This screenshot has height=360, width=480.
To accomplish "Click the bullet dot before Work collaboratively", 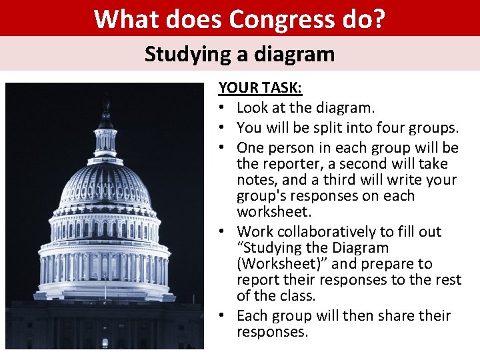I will click(224, 232).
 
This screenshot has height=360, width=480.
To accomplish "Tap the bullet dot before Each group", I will click(224, 315).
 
